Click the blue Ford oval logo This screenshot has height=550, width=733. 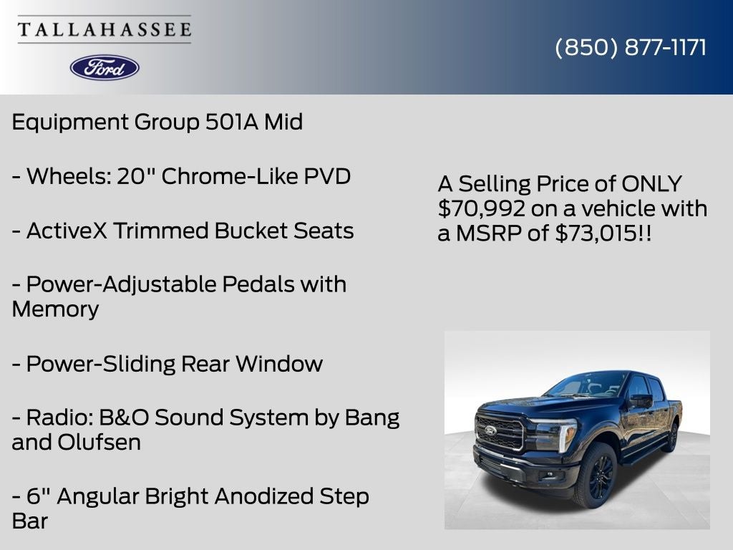105,67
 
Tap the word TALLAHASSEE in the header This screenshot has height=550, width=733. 105,30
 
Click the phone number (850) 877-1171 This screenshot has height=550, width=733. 631,47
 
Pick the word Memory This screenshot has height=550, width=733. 55,309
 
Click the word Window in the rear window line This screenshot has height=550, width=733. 279,364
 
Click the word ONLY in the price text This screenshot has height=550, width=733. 652,183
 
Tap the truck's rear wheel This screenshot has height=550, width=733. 671,436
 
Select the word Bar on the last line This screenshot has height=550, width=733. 29,521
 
